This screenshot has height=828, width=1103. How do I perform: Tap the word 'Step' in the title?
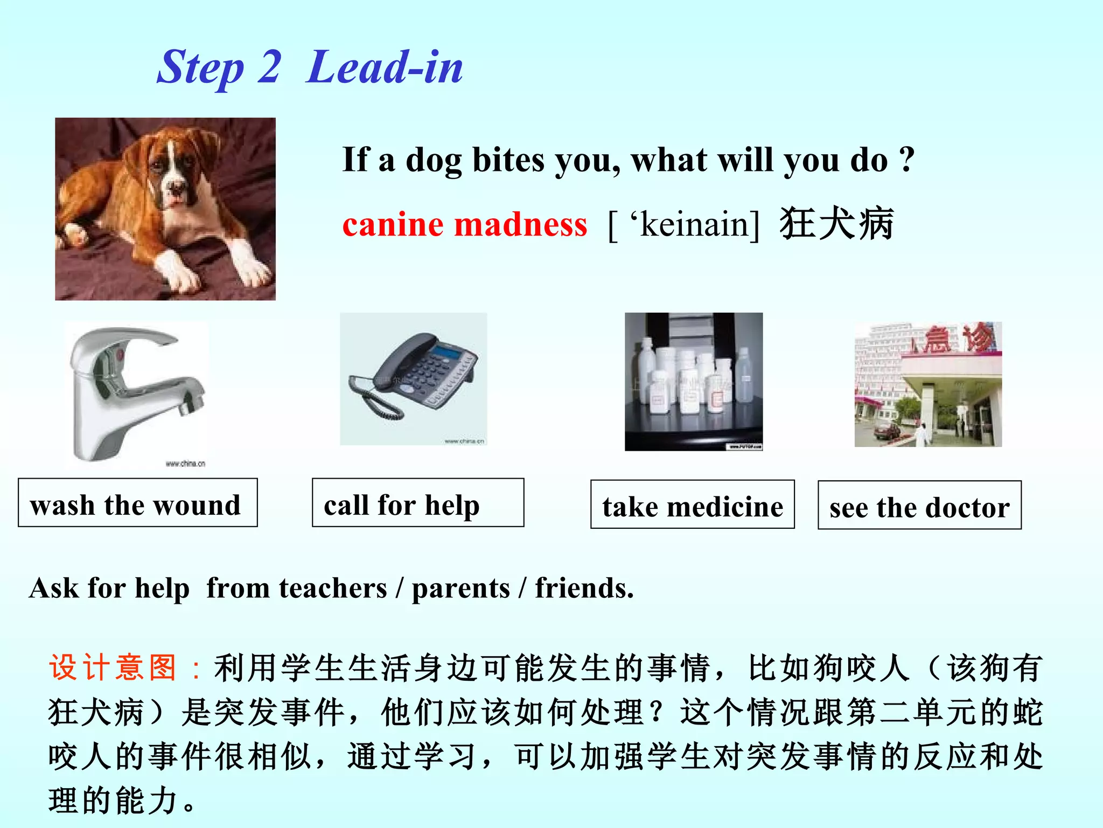pos(200,68)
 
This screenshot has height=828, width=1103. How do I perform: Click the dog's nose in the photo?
pos(174,188)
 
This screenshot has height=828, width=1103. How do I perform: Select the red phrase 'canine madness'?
pos(464,224)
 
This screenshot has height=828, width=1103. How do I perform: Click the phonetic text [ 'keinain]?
pos(683,224)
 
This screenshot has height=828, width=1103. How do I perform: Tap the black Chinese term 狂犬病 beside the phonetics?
pos(836,223)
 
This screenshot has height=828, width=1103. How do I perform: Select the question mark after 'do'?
pos(906,159)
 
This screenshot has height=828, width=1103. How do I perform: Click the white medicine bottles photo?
pos(693,381)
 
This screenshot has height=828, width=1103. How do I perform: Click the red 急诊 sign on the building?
pos(959,339)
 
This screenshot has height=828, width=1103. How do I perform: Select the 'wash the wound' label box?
pos(137,502)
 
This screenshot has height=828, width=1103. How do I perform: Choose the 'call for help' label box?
pos(417,502)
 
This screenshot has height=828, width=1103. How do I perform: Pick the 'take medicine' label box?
pos(692,505)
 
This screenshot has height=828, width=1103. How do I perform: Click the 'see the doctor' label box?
pos(919,505)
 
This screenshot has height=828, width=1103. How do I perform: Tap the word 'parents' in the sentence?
pos(460,588)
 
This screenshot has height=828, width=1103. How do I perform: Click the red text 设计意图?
pos(113,667)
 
